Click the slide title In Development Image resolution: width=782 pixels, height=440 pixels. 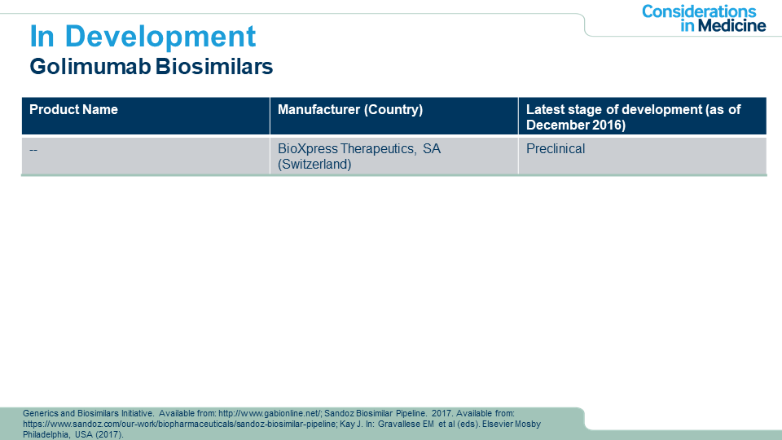click(143, 37)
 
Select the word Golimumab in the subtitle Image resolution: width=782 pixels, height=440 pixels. click(90, 66)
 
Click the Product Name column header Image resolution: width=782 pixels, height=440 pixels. click(74, 110)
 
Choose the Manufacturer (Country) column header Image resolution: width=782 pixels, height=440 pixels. click(350, 110)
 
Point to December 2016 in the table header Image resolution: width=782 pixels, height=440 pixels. click(576, 125)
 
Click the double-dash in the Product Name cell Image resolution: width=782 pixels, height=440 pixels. click(33, 149)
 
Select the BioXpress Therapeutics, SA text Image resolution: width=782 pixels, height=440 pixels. click(359, 148)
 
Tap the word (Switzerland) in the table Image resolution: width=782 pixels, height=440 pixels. click(314, 164)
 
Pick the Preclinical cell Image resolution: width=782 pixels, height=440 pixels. click(556, 148)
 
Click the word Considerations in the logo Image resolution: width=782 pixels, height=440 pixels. click(699, 11)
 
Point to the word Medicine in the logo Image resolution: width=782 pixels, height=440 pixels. click(731, 25)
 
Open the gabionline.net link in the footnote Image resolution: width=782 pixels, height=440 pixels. click(270, 414)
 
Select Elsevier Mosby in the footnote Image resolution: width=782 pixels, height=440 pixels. click(512, 424)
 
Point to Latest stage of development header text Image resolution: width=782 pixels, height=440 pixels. click(614, 110)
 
